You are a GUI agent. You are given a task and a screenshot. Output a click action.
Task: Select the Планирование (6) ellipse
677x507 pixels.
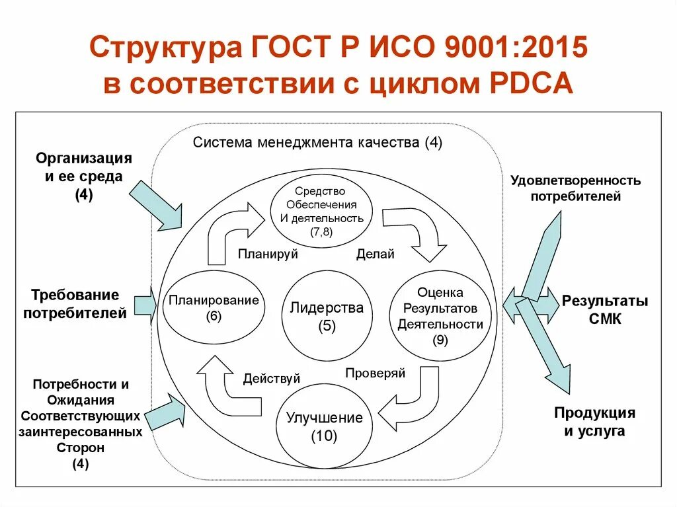point(214,307)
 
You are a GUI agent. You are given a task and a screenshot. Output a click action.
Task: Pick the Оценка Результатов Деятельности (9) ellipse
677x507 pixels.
point(440,316)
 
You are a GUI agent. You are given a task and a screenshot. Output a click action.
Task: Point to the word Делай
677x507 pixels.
point(375,254)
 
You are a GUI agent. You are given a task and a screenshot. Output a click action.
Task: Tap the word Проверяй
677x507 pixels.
point(375,373)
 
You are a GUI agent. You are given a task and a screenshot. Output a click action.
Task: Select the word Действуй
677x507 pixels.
point(271,378)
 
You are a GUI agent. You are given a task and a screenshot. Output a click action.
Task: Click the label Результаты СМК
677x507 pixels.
point(605,310)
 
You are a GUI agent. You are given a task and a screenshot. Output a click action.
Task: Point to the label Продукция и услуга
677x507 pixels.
point(594,422)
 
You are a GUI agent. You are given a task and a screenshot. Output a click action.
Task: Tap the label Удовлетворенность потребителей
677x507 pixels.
point(575,188)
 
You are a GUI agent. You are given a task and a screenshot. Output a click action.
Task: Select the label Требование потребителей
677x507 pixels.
point(74,303)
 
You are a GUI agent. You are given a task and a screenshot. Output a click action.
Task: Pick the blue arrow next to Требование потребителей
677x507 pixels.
point(145,305)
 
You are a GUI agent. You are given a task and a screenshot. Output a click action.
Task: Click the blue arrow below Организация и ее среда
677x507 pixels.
point(156,205)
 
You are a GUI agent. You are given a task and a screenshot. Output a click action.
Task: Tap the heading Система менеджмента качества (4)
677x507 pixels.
point(317,143)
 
